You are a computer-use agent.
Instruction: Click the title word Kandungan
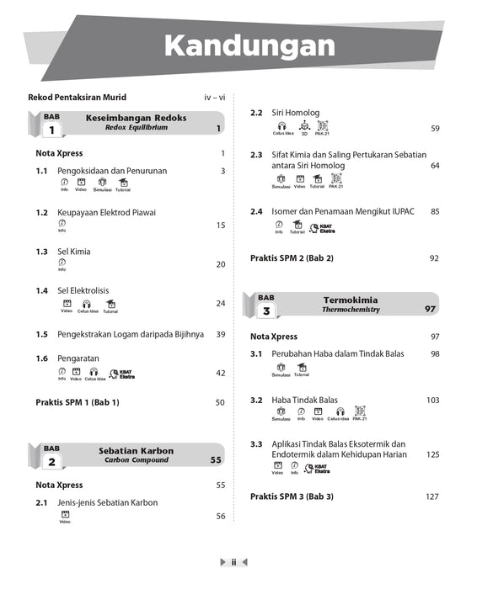[249, 45]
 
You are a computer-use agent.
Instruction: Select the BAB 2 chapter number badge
[51, 458]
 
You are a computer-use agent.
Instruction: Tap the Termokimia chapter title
[351, 300]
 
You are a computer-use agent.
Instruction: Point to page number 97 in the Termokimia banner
[430, 310]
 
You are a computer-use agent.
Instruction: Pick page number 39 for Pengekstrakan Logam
[220, 334]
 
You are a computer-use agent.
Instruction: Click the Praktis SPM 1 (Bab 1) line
[78, 402]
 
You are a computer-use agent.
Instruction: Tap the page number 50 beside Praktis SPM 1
[220, 402]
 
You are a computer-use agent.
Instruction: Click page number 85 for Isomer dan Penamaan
[434, 211]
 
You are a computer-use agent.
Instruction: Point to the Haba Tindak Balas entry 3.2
[304, 400]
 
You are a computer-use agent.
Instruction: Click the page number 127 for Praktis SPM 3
[431, 496]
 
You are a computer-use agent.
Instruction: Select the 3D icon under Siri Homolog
[304, 127]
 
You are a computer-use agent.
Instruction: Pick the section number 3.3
[256, 443]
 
